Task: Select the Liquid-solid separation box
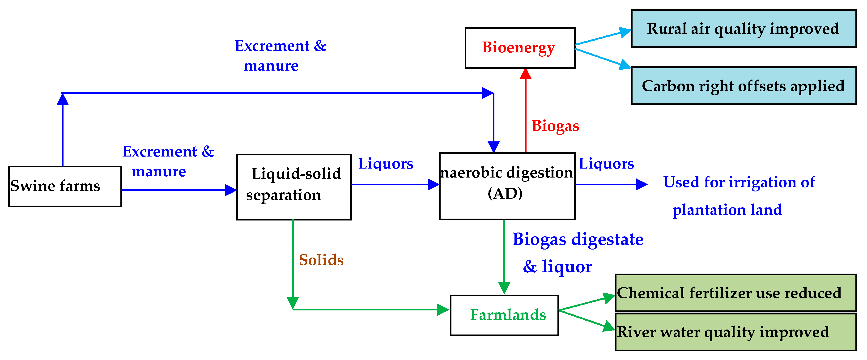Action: [x=293, y=187]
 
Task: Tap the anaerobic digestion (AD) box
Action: [x=507, y=186]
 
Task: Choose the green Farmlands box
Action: [x=504, y=315]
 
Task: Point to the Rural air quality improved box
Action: [x=744, y=29]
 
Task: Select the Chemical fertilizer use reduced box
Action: [x=735, y=293]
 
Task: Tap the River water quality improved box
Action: [x=735, y=332]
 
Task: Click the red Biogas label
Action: [x=555, y=126]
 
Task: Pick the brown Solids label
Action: [x=321, y=260]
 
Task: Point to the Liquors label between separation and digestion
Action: [x=385, y=164]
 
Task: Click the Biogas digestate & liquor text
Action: [x=577, y=252]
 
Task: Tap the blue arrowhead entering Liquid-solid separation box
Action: [x=231, y=190]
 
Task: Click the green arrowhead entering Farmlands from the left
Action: [x=443, y=309]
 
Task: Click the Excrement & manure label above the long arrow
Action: [x=280, y=55]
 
